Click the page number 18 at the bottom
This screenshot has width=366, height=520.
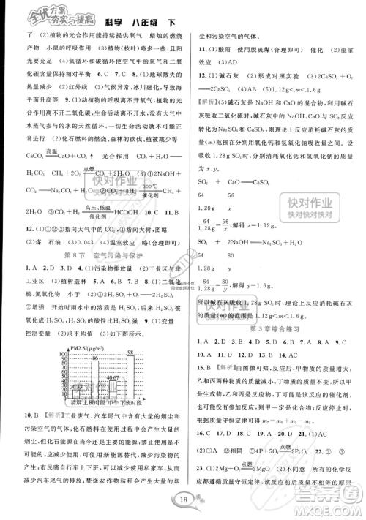point(183,500)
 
